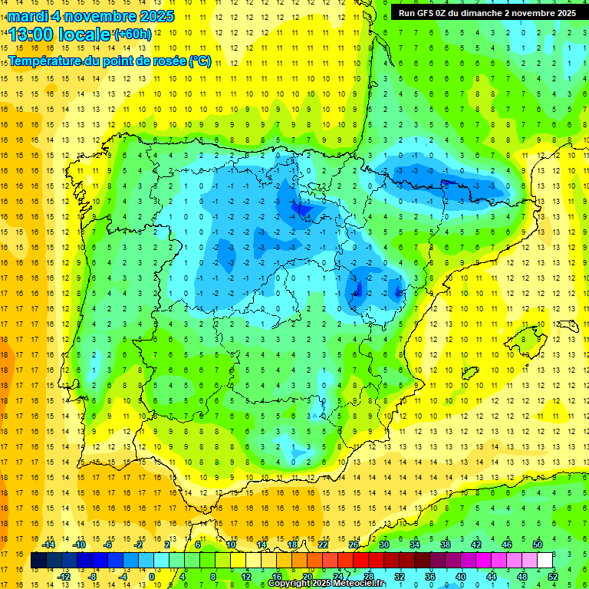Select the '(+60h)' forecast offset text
tap(133, 35)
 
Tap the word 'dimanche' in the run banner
tap(499, 12)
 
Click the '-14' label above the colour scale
tap(49, 544)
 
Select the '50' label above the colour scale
tap(538, 544)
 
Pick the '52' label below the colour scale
tap(552, 577)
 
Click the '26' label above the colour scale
tap(354, 544)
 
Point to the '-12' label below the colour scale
tap(64, 577)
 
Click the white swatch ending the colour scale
tap(545, 560)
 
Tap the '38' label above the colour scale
tap(446, 544)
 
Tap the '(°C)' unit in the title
tap(200, 61)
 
